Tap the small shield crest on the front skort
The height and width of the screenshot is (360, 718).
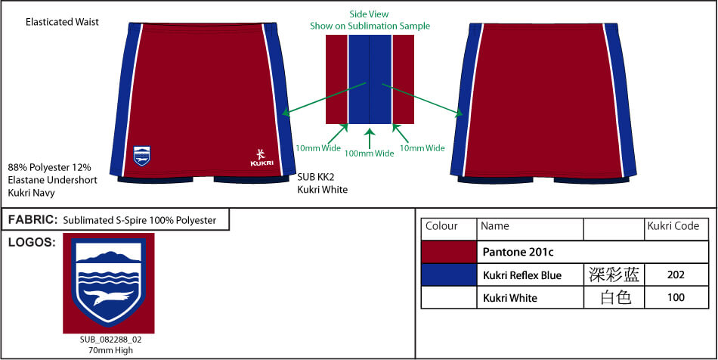(141, 156)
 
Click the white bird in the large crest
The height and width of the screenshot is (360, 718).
(110, 296)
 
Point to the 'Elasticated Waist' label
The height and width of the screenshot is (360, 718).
(62, 22)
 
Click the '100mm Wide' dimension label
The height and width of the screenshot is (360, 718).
(369, 154)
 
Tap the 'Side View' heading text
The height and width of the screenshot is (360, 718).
(369, 14)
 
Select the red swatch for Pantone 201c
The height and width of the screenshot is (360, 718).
(449, 252)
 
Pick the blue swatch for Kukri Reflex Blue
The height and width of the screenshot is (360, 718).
(449, 275)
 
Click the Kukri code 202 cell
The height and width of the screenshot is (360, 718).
(676, 275)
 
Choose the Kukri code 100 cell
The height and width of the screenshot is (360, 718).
(676, 298)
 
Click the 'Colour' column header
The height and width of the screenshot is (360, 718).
(441, 226)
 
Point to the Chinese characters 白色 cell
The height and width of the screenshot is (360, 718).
(614, 298)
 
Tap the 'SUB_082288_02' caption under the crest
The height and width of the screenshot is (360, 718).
(111, 340)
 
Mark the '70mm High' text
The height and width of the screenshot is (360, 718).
(111, 350)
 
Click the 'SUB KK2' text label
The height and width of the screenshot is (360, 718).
(314, 178)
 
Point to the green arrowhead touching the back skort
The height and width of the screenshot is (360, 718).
(460, 113)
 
